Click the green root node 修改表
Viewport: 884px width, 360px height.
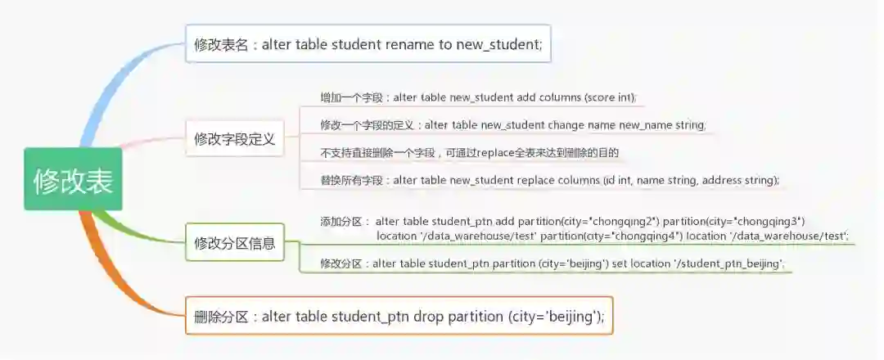[x=73, y=179]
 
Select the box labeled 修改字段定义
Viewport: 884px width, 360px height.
[x=234, y=139]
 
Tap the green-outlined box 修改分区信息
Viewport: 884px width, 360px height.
[x=234, y=243]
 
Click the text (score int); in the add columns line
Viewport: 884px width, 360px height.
[x=610, y=97]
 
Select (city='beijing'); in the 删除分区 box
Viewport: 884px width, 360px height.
[x=556, y=317]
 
